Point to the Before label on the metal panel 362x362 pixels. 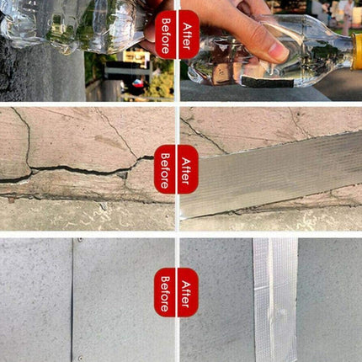(165, 292)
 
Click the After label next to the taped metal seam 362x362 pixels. (187, 292)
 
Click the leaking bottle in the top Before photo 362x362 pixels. (67, 25)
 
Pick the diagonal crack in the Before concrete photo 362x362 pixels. (118, 135)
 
